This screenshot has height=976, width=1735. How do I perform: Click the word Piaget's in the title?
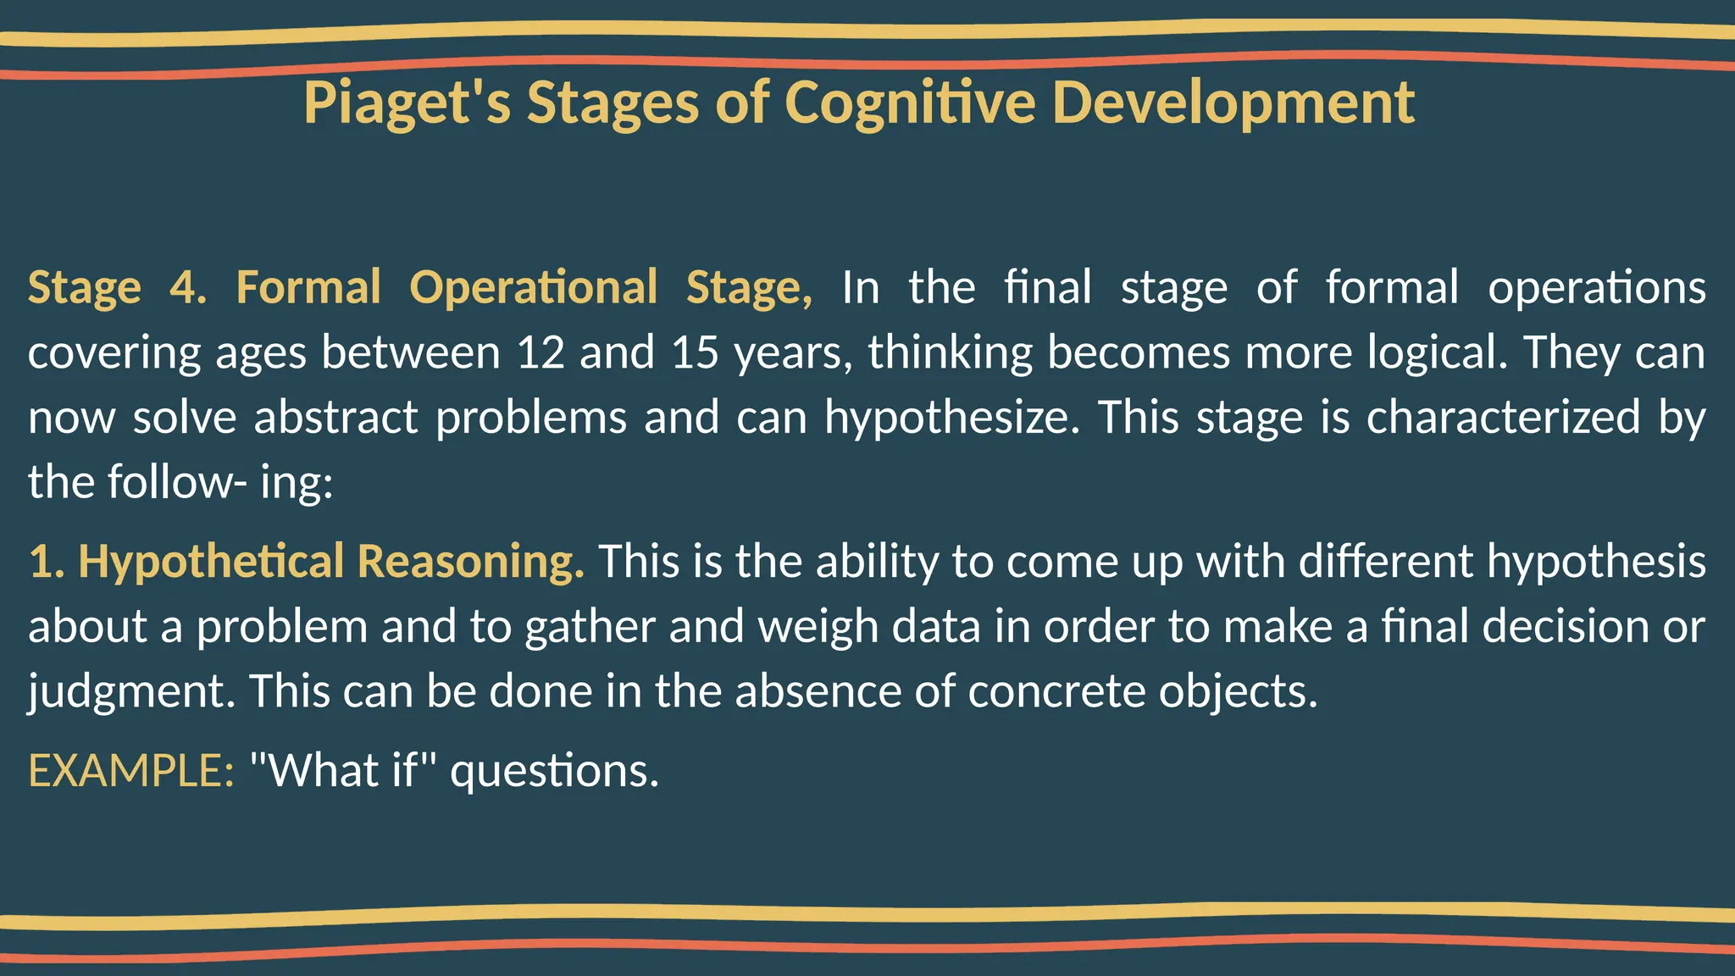click(x=407, y=103)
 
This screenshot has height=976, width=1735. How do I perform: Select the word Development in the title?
click(x=1233, y=103)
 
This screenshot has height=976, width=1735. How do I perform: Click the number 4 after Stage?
click(x=187, y=287)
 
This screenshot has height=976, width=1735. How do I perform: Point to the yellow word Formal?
click(x=308, y=287)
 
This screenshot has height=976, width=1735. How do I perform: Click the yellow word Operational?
click(x=533, y=287)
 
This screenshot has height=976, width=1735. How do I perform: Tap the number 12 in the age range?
click(x=540, y=352)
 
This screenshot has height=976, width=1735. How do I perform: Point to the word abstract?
click(x=335, y=418)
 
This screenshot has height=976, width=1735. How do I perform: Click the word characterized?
click(x=1504, y=418)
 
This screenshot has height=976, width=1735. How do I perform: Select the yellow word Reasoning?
click(x=470, y=562)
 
